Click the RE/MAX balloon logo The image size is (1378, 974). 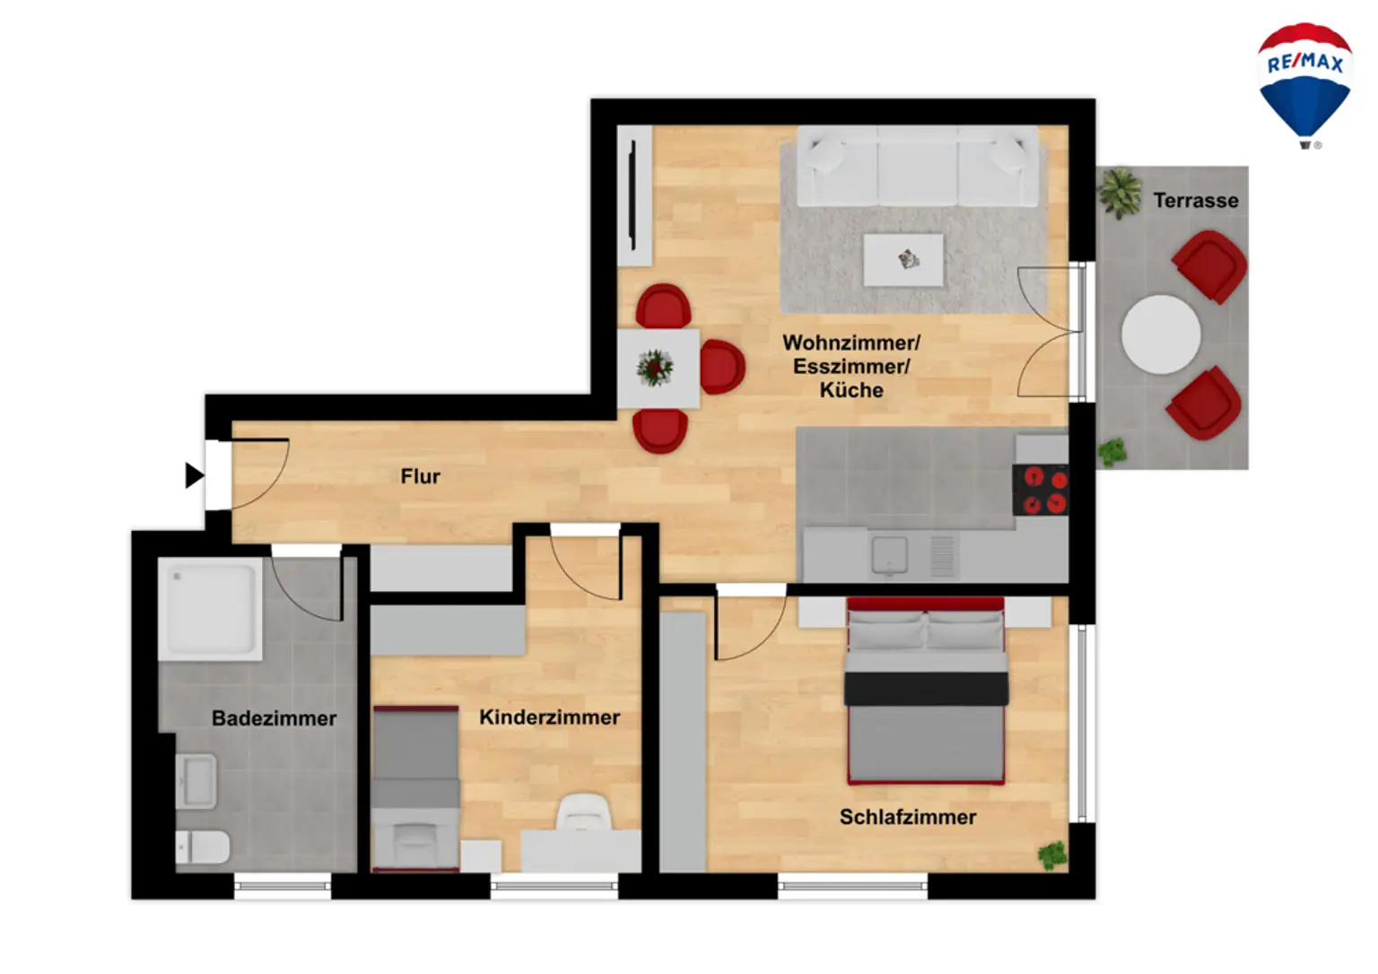(x=1304, y=83)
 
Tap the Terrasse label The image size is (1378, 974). (x=1195, y=201)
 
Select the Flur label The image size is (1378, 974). (x=420, y=476)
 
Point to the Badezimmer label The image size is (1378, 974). (x=274, y=718)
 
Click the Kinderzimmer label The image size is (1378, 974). (x=549, y=717)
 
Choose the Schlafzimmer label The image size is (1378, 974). (x=907, y=817)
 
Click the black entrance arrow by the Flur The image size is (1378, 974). (x=193, y=475)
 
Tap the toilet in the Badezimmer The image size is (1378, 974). (x=203, y=847)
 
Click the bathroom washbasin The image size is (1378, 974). (x=197, y=780)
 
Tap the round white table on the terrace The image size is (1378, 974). (x=1161, y=335)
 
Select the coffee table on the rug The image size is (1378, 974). (x=903, y=260)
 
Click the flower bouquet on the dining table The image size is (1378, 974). (x=655, y=368)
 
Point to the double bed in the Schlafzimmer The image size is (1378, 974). (x=926, y=691)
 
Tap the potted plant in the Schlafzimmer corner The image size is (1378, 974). (x=1052, y=855)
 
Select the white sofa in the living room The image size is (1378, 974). (x=917, y=167)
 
